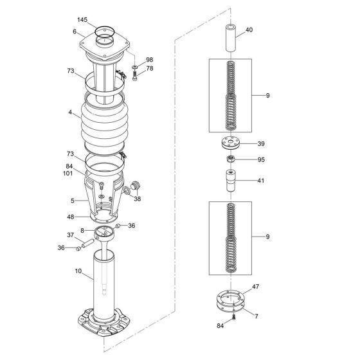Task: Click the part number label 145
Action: (82, 20)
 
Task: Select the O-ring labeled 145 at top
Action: (105, 27)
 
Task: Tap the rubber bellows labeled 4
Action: (105, 124)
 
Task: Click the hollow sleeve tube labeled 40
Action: (231, 38)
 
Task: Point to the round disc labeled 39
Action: (231, 143)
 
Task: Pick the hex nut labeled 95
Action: (231, 159)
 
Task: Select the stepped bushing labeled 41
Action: (231, 181)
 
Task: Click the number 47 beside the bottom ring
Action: (256, 287)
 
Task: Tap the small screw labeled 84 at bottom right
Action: (234, 317)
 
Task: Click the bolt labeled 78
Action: (135, 76)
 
